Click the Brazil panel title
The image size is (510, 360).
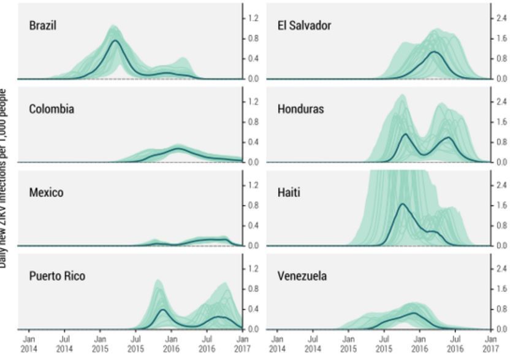43,26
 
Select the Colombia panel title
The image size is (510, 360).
51,109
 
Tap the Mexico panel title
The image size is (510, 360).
46,193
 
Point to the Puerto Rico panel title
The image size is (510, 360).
57,276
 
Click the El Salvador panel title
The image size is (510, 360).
305,26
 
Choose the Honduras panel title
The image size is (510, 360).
301,109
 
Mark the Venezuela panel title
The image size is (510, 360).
302,276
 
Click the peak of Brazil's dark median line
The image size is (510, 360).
115,40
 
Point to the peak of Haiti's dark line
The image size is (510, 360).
403,204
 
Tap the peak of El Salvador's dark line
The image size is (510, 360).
435,52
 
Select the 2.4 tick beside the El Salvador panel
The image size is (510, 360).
500,18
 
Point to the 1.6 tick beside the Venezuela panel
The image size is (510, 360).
500,289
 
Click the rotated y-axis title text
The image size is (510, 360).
4,178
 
